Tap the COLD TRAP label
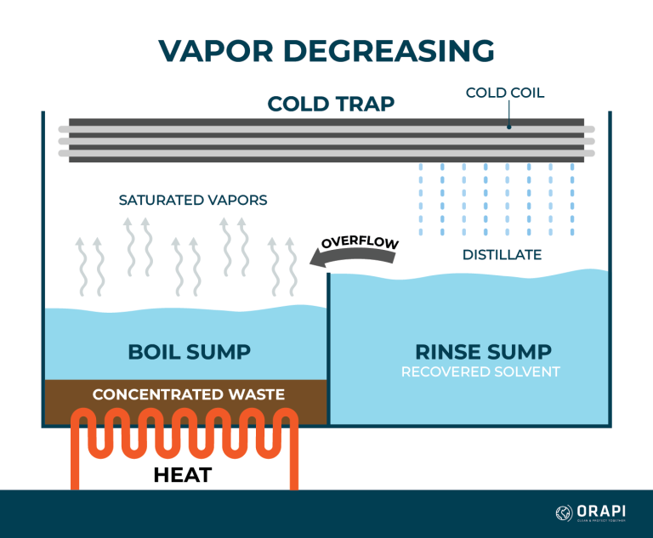click(331, 104)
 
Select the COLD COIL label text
click(506, 93)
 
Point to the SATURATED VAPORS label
click(193, 201)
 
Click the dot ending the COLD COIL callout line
click(508, 127)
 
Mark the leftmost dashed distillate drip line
click(421, 200)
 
